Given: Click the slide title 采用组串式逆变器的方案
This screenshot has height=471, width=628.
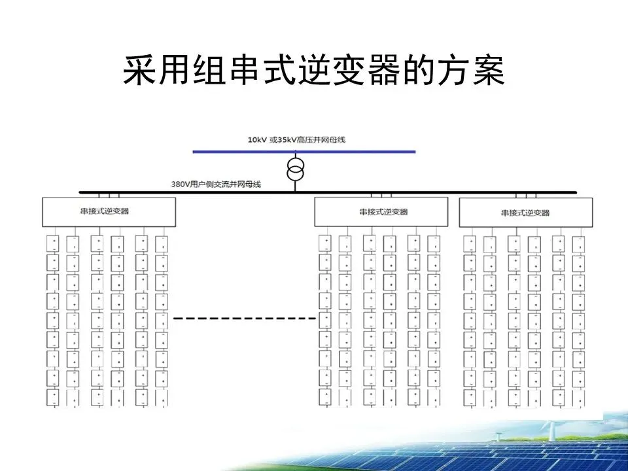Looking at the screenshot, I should tap(314, 71).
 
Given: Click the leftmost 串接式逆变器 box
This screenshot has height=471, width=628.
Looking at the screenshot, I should tap(109, 211).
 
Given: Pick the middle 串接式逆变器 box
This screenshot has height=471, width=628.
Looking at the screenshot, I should tap(381, 212).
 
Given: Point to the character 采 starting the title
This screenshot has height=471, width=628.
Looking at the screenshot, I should tap(139, 71).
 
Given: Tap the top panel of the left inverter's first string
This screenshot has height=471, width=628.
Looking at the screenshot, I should tap(53, 243).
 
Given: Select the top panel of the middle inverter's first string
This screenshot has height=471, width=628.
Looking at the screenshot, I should tap(324, 243).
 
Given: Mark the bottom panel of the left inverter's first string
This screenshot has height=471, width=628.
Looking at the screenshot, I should tap(53, 396).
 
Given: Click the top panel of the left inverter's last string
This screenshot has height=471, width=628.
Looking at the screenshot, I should tap(162, 243).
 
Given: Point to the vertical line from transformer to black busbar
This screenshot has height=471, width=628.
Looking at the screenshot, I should tap(296, 186).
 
